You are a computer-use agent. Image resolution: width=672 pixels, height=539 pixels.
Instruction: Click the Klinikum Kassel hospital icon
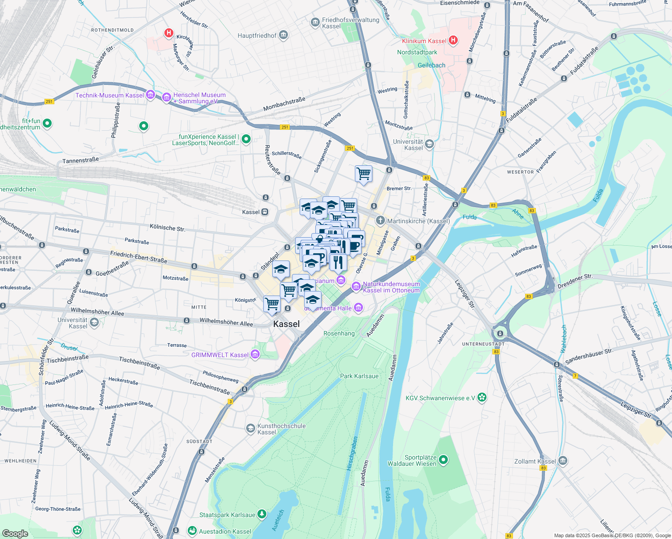pyautogui.click(x=453, y=40)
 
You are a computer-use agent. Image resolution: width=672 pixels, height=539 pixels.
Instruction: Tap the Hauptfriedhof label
pyautogui.click(x=257, y=35)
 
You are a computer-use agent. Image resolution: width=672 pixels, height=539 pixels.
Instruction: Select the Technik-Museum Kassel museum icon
pyautogui.click(x=150, y=95)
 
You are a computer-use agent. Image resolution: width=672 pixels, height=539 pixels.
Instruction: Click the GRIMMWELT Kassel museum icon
pyautogui.click(x=255, y=354)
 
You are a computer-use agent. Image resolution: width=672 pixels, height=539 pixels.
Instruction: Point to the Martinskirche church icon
pyautogui.click(x=380, y=220)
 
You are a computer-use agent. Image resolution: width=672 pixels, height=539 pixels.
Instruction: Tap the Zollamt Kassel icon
pyautogui.click(x=562, y=461)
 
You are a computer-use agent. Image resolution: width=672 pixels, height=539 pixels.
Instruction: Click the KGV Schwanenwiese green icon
pyautogui.click(x=482, y=397)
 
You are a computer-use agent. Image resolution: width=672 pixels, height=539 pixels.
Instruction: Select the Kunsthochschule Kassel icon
pyautogui.click(x=250, y=429)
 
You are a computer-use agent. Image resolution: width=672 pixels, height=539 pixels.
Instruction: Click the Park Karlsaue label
pyautogui.click(x=359, y=376)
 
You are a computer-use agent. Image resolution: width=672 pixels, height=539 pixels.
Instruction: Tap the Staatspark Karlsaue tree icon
pyautogui.click(x=261, y=514)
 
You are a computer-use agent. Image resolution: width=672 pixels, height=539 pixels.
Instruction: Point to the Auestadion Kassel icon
pyautogui.click(x=192, y=531)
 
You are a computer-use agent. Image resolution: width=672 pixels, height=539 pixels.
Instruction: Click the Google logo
pyautogui.click(x=15, y=533)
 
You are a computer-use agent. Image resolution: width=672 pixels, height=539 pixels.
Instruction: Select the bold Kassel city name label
pyautogui.click(x=286, y=324)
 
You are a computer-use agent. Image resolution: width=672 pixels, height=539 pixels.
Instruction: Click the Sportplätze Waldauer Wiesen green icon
pyautogui.click(x=443, y=459)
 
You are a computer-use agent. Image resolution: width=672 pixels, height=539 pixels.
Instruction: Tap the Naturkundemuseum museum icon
pyautogui.click(x=356, y=286)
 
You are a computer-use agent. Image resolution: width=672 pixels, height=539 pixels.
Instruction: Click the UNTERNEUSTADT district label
pyautogui.click(x=483, y=344)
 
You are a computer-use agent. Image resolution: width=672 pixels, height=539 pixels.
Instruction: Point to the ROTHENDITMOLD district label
pyautogui.click(x=112, y=30)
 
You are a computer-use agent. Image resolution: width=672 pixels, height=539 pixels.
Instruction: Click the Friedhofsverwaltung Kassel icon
pyautogui.click(x=315, y=22)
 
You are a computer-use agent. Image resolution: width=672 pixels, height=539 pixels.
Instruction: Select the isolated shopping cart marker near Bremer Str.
pyautogui.click(x=363, y=174)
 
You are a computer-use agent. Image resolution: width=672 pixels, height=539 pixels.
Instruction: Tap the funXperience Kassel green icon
pyautogui.click(x=246, y=139)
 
